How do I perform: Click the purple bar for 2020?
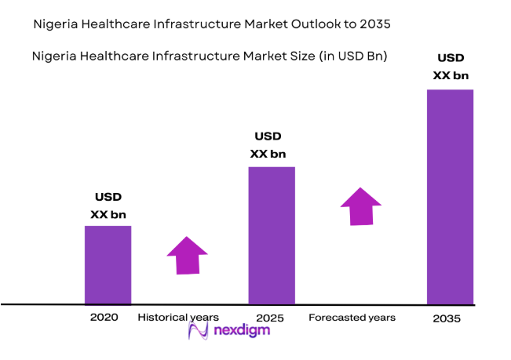pyautogui.click(x=108, y=264)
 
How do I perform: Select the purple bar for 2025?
pyautogui.click(x=272, y=235)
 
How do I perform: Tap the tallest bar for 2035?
pyautogui.click(x=450, y=196)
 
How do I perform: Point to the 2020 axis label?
pyautogui.click(x=104, y=318)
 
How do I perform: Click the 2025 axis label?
pyautogui.click(x=269, y=318)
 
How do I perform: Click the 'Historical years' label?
pyautogui.click(x=178, y=318)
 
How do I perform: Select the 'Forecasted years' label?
pyautogui.click(x=352, y=318)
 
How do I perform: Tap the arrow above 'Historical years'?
pyautogui.click(x=187, y=255)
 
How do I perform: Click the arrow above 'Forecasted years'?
pyautogui.click(x=360, y=206)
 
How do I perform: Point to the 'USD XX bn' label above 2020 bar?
pyautogui.click(x=108, y=205)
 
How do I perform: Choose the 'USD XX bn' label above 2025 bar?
pyautogui.click(x=268, y=145)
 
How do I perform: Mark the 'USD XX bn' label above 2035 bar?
pyautogui.click(x=450, y=67)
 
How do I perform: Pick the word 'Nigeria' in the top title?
pyautogui.click(x=55, y=24)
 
